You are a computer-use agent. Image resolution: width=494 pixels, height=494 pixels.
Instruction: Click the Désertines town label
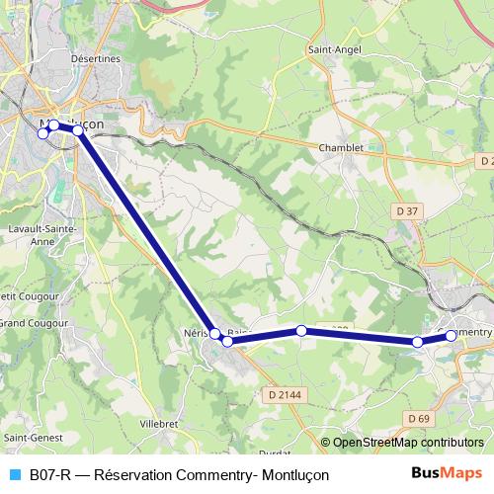[x=95, y=59]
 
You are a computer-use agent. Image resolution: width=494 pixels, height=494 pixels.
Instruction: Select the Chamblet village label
[x=341, y=148]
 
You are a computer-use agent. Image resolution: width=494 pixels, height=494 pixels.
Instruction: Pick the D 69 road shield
[x=419, y=420]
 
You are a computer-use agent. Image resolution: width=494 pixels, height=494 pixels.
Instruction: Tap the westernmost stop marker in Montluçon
[x=42, y=133]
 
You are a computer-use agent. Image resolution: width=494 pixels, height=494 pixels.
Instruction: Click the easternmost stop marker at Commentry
[x=452, y=336]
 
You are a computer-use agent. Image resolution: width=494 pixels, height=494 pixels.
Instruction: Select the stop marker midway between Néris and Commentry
[x=300, y=331]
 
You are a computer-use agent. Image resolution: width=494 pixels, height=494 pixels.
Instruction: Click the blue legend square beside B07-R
[x=14, y=474]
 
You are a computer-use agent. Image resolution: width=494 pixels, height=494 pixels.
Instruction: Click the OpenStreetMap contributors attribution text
[x=408, y=443]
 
